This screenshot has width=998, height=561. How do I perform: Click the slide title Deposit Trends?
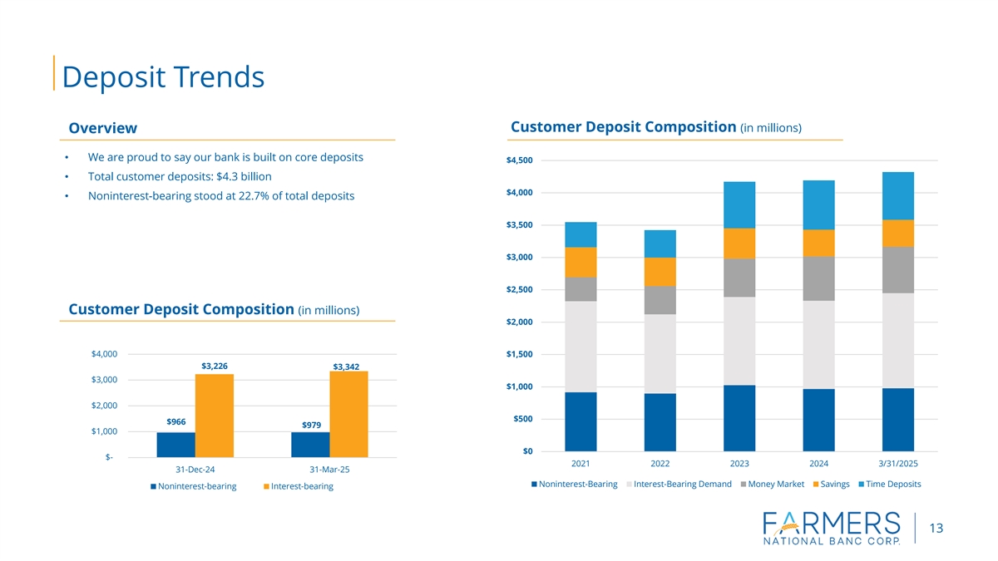point(163,76)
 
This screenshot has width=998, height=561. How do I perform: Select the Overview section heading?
point(102,128)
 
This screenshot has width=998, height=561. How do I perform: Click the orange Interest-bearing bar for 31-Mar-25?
point(348,413)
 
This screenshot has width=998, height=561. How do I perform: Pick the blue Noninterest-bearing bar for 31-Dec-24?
point(175,444)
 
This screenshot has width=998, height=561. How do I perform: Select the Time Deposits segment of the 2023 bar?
point(739,204)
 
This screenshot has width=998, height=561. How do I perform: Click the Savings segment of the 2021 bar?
point(581,262)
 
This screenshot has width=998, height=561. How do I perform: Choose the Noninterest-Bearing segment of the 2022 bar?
point(660,421)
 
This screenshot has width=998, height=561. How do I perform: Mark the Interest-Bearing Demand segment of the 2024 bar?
point(818,344)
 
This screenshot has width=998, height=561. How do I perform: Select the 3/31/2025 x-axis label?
point(898,463)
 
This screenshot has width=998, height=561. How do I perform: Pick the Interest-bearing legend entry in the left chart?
point(298,486)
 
